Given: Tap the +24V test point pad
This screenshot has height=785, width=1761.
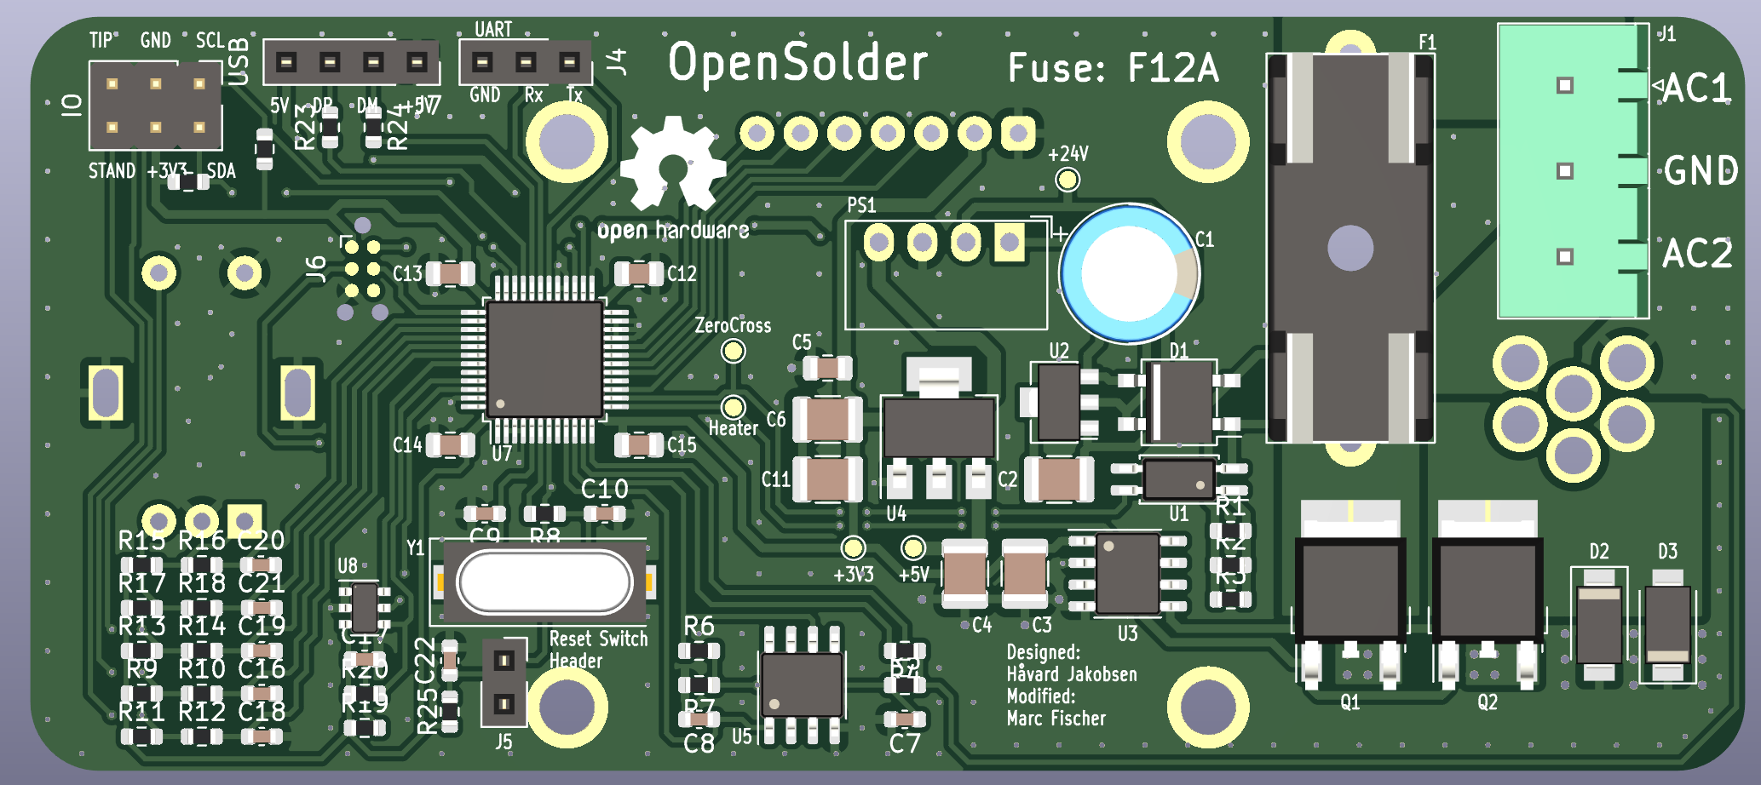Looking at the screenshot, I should pyautogui.click(x=1068, y=180).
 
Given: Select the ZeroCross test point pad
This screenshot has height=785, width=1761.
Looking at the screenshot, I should pyautogui.click(x=733, y=351).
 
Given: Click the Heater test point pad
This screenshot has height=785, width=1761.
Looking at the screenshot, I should pyautogui.click(x=733, y=408).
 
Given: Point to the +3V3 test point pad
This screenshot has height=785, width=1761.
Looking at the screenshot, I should pyautogui.click(x=853, y=547).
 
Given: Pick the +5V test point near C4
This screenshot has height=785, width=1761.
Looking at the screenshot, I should pyautogui.click(x=913, y=547).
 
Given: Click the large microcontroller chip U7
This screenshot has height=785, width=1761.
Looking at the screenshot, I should pyautogui.click(x=545, y=358).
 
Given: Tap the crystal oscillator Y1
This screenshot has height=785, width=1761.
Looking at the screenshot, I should pyautogui.click(x=544, y=582).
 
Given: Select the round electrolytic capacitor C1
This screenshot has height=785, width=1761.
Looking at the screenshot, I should pyautogui.click(x=1129, y=273).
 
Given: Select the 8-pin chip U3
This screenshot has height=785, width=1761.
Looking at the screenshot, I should pyautogui.click(x=1127, y=573).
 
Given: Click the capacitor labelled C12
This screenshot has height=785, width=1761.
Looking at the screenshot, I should pyautogui.click(x=639, y=273).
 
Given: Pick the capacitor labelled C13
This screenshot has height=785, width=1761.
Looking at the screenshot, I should pyautogui.click(x=451, y=273).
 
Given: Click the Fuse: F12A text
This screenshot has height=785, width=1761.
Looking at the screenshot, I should pyautogui.click(x=1113, y=67).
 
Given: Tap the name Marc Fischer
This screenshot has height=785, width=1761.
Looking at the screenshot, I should pyautogui.click(x=1056, y=719).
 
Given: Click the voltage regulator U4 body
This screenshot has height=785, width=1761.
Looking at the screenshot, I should pyautogui.click(x=939, y=427).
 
